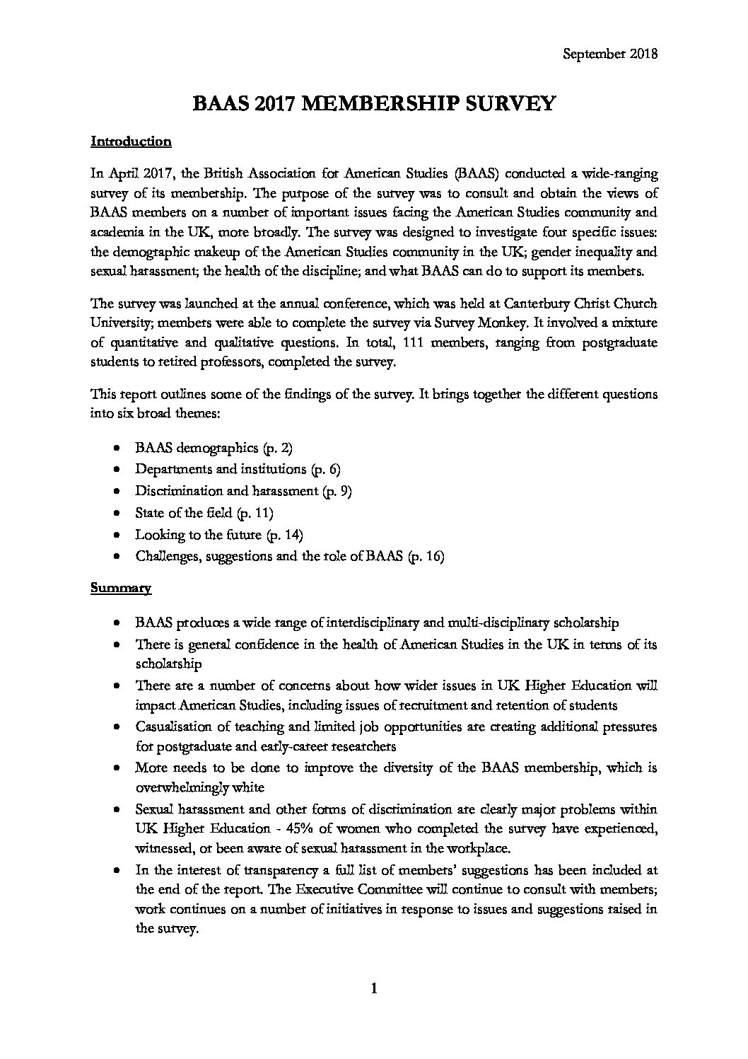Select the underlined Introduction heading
[x=131, y=141]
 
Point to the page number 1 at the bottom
[x=374, y=988]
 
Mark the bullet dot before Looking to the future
[x=117, y=535]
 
